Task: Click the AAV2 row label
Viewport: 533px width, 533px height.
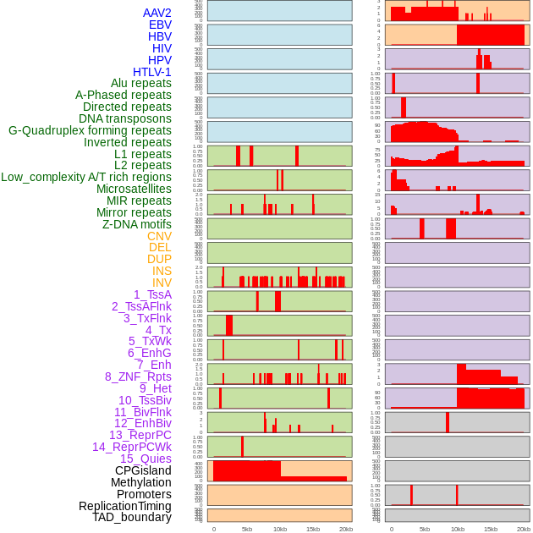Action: (157, 14)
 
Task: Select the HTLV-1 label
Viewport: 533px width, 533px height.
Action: (152, 72)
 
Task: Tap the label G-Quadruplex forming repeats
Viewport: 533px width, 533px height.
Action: (90, 130)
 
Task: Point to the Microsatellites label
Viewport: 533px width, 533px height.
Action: (134, 190)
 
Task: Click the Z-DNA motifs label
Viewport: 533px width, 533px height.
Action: (137, 224)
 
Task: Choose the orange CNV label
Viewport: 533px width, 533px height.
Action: (159, 236)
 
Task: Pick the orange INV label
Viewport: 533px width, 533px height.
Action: (162, 283)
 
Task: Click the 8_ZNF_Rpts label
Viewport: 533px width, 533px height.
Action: (138, 376)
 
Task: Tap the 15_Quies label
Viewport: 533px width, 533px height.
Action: (146, 459)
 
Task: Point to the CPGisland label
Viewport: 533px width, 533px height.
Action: (143, 470)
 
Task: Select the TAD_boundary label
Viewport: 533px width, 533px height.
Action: (132, 517)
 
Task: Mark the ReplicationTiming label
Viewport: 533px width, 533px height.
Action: (125, 506)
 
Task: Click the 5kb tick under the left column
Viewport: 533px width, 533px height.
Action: (247, 529)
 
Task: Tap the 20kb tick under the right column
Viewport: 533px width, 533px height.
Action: (524, 529)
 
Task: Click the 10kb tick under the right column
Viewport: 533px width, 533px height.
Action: (458, 529)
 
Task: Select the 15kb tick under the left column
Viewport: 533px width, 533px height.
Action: (313, 529)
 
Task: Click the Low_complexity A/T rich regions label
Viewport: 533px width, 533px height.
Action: (86, 177)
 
